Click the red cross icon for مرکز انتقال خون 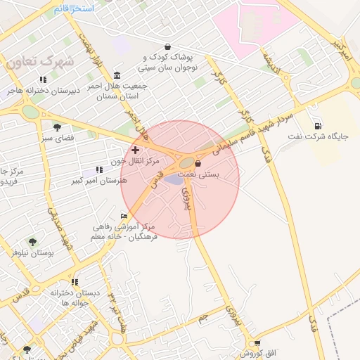pos(135,150)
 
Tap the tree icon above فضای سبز pos(57,127)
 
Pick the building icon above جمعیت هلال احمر pos(116,75)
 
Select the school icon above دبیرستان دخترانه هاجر pos(43,79)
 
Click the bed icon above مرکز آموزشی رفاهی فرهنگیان pos(124,216)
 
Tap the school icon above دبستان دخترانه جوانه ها pos(75,282)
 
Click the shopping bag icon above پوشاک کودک pos(167,46)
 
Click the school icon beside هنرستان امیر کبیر pos(98,169)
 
